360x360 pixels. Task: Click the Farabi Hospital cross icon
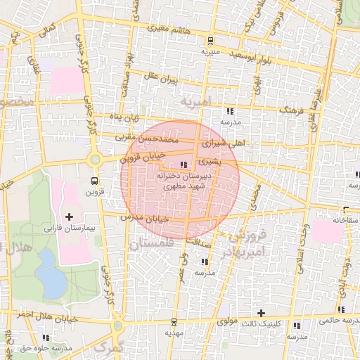(x=69, y=215)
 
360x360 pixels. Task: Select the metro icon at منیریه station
(x=211, y=41)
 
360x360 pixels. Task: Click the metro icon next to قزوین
(x=94, y=179)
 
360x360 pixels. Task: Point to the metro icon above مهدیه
(x=173, y=321)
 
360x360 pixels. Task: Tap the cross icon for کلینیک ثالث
(x=261, y=312)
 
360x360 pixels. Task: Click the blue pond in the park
(x=50, y=280)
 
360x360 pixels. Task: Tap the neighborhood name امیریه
(x=195, y=103)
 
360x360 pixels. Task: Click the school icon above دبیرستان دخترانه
(x=184, y=165)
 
